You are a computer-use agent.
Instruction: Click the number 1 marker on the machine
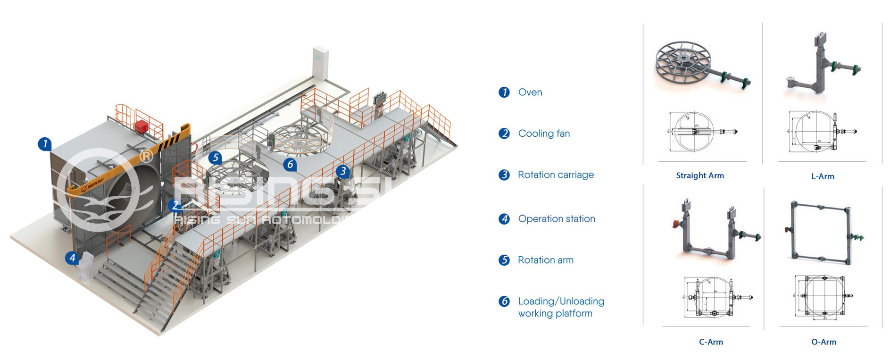(x=45, y=143)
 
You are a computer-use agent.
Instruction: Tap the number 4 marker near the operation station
(x=72, y=258)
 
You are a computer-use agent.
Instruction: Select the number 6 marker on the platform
(x=290, y=164)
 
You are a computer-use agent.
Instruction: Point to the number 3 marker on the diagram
(x=343, y=171)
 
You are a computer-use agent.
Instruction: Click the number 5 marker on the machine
(x=215, y=157)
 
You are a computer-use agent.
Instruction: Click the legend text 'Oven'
(x=530, y=92)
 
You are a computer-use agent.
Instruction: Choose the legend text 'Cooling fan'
(x=544, y=134)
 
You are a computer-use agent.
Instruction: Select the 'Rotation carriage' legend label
(x=556, y=175)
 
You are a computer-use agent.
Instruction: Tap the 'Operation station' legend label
(x=557, y=219)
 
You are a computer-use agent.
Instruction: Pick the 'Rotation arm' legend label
(x=545, y=260)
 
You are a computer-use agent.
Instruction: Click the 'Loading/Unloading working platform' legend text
(x=561, y=307)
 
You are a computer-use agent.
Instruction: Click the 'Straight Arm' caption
(x=699, y=176)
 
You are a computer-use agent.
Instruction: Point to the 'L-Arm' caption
(x=823, y=176)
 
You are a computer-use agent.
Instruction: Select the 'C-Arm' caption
(x=711, y=342)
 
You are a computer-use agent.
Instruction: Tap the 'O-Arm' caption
(x=823, y=342)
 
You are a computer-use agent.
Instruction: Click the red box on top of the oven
(x=141, y=126)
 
